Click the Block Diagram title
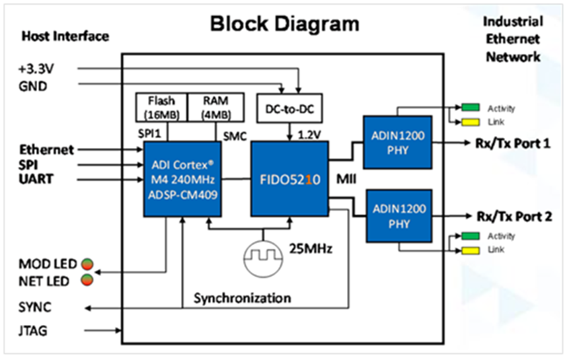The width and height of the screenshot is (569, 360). tap(284, 24)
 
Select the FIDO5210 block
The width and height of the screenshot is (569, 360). tap(289, 179)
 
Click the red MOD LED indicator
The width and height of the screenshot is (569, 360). tap(87, 264)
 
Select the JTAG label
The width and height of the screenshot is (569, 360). tap(34, 331)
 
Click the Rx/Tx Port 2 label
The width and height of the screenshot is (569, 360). tap(515, 217)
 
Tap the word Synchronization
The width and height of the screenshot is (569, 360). tap(242, 297)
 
